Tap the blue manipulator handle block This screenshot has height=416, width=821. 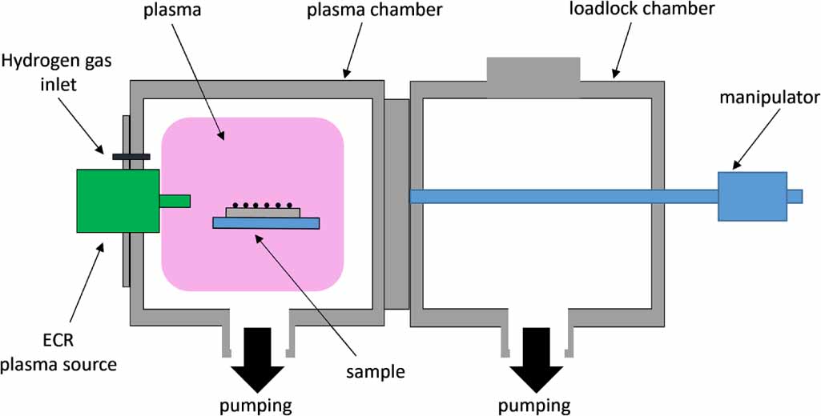tap(752, 196)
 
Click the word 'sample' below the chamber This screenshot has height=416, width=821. tap(376, 371)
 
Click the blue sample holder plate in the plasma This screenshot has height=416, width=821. tap(267, 223)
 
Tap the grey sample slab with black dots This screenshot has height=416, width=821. tap(264, 213)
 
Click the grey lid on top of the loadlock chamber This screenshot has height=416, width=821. tap(533, 77)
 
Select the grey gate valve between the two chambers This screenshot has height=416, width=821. tap(396, 203)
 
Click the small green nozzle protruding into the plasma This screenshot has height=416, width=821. tap(175, 201)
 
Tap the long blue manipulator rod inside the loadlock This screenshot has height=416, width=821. tap(561, 196)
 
